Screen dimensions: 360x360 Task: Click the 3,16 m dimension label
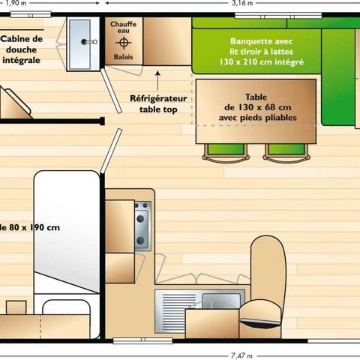pyautogui.click(x=242, y=4)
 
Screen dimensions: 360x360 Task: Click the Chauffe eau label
pyautogui.click(x=123, y=28)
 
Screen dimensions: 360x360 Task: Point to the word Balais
pyautogui.click(x=123, y=56)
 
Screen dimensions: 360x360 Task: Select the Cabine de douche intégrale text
pyautogui.click(x=22, y=48)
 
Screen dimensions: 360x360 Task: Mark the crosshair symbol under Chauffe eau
pyautogui.click(x=123, y=43)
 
